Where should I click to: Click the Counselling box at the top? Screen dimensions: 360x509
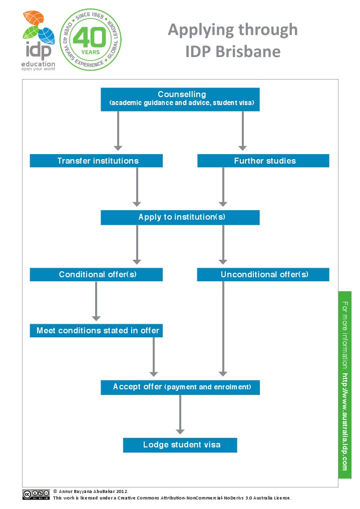pos(180,99)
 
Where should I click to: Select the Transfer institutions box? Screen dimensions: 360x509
pos(96,161)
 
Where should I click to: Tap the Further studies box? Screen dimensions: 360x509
pos(263,161)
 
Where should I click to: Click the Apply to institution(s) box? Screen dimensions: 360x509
pos(180,218)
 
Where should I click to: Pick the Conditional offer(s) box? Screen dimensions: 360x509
pos(96,275)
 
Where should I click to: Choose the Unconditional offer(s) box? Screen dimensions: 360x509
pos(263,275)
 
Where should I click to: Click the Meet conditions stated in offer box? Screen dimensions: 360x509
pos(96,331)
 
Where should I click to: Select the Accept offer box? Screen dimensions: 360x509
pos(180,387)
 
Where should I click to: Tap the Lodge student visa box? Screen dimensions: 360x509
pos(180,445)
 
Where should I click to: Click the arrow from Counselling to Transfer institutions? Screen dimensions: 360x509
pos(118,131)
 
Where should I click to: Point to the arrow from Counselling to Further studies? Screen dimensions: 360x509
pos(242,131)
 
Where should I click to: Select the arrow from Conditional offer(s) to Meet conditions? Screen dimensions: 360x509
pos(96,301)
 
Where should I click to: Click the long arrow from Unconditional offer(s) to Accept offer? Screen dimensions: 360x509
pos(223,329)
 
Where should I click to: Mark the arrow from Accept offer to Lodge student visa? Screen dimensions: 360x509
pos(180,414)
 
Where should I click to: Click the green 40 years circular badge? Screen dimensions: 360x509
pos(91,40)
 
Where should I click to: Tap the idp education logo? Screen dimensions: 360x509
pos(39,41)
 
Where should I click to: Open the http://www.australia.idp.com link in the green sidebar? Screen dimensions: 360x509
pos(345,422)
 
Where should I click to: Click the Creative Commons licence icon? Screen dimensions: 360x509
pos(36,494)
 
